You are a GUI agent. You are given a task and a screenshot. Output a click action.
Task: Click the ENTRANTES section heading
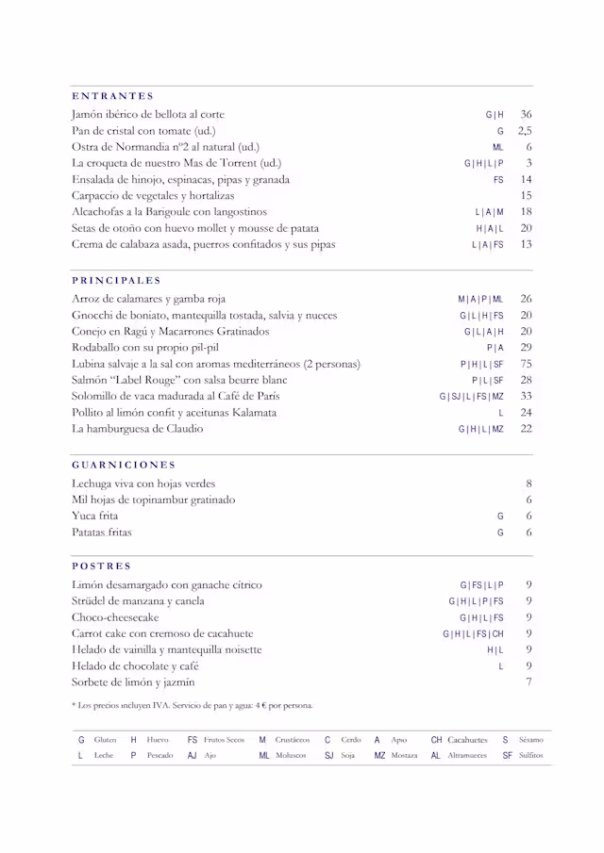coord(112,96)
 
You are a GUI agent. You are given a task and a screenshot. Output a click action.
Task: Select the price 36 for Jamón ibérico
coord(526,114)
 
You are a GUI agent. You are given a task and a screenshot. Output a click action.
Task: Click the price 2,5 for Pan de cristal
coord(525,131)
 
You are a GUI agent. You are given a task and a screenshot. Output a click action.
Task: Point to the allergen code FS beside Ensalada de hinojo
coord(498,180)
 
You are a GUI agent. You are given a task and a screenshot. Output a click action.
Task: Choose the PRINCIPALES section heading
coord(116,280)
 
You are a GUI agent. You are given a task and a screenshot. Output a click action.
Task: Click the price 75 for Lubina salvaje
coord(526,364)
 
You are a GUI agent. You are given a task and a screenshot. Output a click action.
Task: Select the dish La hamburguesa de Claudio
coord(137,429)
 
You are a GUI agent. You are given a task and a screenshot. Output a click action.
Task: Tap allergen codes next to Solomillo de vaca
coord(471,397)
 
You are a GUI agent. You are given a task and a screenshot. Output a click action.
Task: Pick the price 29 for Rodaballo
coord(526,348)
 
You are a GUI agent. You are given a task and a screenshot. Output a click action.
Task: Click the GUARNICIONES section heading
coord(124,465)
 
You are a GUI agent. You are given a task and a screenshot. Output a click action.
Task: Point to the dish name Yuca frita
coord(95,517)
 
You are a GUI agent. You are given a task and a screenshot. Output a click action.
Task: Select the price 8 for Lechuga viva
coord(529,484)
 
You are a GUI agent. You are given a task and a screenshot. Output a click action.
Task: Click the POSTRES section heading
coord(101,566)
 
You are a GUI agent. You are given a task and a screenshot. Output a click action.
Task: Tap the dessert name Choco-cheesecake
coord(115,617)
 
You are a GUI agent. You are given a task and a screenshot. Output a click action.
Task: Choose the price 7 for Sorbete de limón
coord(529,681)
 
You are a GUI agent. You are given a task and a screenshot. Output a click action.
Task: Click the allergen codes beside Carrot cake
coord(473,634)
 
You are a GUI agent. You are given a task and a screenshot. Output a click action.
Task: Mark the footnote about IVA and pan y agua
coord(192,705)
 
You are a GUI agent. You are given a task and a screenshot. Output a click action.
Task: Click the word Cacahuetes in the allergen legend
coord(467,740)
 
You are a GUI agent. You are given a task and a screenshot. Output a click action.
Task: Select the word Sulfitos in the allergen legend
coord(530,755)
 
